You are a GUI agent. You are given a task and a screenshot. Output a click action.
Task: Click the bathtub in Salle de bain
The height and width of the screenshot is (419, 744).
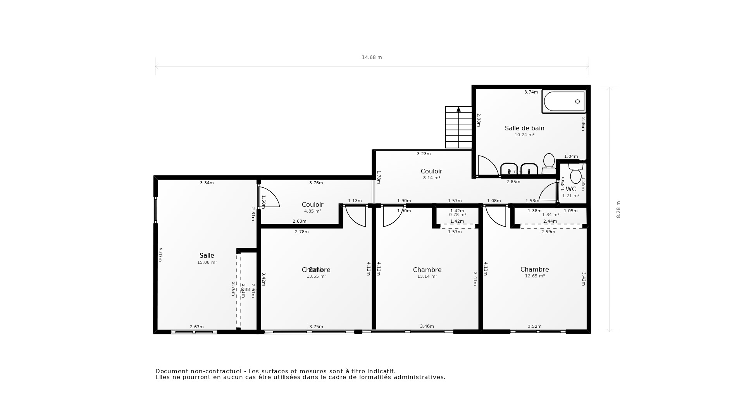(x=564, y=102)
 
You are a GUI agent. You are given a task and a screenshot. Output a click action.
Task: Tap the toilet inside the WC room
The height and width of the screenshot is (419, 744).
(x=576, y=173)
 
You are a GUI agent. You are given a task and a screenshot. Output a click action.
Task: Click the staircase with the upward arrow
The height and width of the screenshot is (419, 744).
(x=458, y=127)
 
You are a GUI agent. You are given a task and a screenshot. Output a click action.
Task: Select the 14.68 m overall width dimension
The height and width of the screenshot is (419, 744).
(x=372, y=57)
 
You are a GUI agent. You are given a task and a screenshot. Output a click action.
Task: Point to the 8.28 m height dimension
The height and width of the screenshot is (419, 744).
(x=618, y=209)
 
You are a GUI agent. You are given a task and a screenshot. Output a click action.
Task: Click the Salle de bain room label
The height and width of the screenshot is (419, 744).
(x=524, y=128)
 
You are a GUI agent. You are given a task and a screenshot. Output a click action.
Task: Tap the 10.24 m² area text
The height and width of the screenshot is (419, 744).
(x=524, y=135)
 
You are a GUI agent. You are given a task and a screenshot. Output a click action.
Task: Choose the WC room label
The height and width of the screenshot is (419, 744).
(x=571, y=189)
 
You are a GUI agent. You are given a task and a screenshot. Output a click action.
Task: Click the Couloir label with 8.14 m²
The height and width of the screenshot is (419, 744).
(x=431, y=171)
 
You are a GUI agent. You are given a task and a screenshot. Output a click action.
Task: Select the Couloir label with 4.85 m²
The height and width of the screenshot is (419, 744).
(x=312, y=204)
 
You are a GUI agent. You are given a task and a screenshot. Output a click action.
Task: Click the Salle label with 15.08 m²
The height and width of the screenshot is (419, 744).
(x=207, y=255)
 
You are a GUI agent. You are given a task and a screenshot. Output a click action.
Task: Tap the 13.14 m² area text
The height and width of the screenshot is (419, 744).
(x=427, y=277)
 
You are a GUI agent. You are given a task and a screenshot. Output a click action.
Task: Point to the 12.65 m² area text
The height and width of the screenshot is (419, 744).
(x=535, y=276)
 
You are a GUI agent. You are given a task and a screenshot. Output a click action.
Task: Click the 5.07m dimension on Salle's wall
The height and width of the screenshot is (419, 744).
(x=160, y=255)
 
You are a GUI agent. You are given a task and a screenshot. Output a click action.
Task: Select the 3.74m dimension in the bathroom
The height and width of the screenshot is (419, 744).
(x=531, y=92)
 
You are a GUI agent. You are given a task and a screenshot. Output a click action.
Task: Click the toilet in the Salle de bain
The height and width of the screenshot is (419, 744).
(x=549, y=164)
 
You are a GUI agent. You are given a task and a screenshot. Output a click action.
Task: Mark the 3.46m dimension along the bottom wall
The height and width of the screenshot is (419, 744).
(x=427, y=326)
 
